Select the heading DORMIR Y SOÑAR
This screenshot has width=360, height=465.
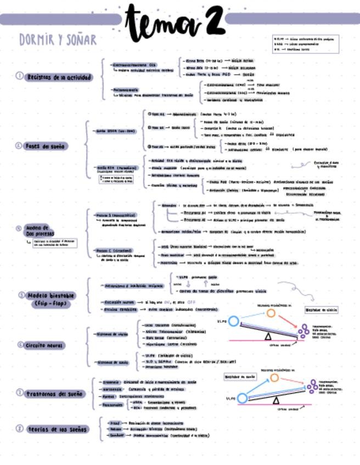pos(58,40)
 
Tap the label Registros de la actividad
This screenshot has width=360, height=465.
pos(59,77)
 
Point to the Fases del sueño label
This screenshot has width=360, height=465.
pos(48,146)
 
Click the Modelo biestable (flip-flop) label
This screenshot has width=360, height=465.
pos(54,299)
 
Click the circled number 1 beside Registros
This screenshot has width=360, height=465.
pos(19,77)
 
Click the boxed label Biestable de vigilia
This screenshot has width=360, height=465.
pos(320,310)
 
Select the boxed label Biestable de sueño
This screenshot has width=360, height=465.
pos(240,377)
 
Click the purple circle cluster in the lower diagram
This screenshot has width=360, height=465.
pos(313,386)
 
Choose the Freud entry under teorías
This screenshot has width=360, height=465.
pos(114,423)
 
